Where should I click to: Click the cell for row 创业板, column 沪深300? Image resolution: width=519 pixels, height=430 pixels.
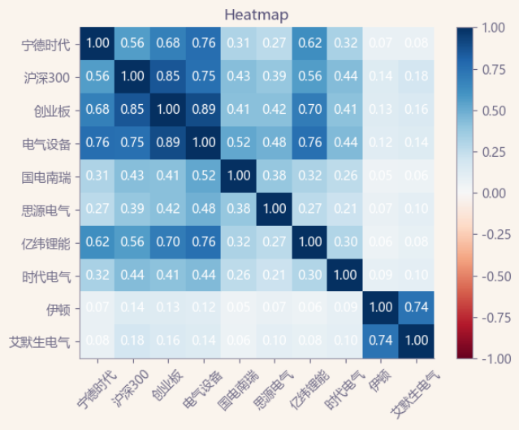(x=133, y=110)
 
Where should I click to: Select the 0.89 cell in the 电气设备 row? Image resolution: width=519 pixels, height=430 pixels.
(x=168, y=143)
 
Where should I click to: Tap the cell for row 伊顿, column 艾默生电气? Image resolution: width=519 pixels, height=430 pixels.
(x=415, y=308)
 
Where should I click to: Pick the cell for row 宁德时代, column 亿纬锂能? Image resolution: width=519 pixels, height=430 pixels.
(x=309, y=43)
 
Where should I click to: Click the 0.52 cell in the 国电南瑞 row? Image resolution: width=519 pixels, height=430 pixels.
(x=203, y=176)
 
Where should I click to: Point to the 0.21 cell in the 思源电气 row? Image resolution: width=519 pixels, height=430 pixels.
(x=344, y=209)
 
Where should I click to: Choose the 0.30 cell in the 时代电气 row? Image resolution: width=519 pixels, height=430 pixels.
(x=309, y=275)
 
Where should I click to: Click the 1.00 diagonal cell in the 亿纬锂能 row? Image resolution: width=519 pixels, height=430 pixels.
(x=309, y=242)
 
